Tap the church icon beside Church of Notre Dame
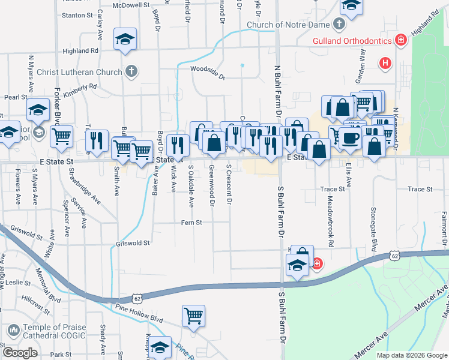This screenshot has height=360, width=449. tap(339, 25)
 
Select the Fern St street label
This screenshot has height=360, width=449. tap(191, 223)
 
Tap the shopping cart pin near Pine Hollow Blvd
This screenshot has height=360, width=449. tap(193, 315)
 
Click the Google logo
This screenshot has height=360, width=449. tap(20, 353)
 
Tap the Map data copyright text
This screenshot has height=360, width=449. tap(411, 355)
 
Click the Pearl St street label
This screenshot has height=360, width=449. tap(16, 97)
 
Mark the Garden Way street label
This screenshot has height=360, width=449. tap(361, 65)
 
